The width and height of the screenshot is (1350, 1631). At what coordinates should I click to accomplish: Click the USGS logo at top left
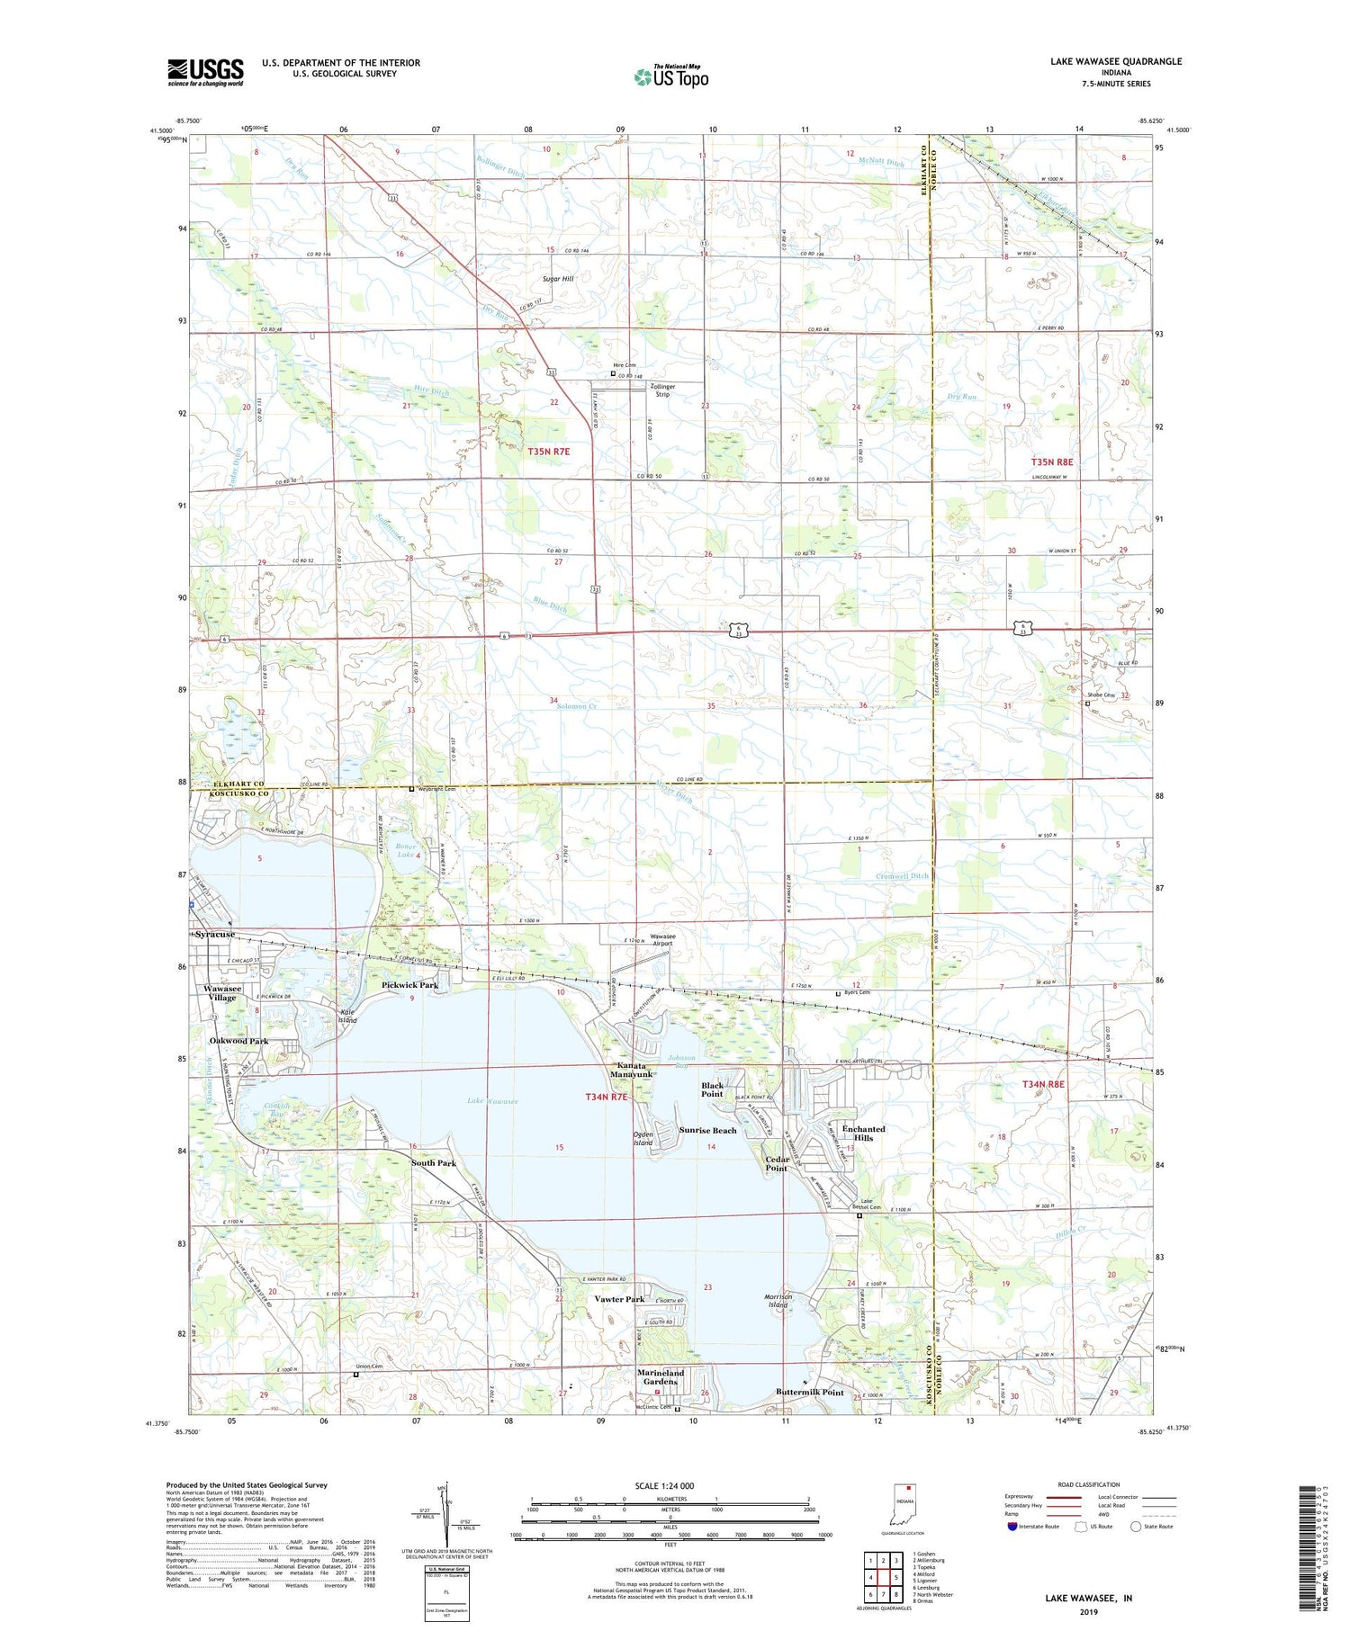pos(205,72)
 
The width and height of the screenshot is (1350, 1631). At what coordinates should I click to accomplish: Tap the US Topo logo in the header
pos(670,76)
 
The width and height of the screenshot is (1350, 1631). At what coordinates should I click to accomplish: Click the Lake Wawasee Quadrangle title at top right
pos(1115,61)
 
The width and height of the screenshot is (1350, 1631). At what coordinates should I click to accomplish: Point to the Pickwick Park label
pos(409,985)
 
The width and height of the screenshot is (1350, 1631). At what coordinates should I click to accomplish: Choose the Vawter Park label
pos(619,1299)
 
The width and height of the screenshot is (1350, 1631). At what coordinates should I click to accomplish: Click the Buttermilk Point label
pos(809,1392)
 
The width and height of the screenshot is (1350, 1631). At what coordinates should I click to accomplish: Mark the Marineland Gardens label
pos(661,1377)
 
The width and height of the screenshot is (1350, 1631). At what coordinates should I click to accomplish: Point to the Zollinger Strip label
pos(662,390)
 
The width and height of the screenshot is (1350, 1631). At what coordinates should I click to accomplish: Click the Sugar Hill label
pos(557,279)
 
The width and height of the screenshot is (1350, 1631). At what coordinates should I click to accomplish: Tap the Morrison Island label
pos(778,1300)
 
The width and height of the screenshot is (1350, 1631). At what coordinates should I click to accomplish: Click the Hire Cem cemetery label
pos(625,364)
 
